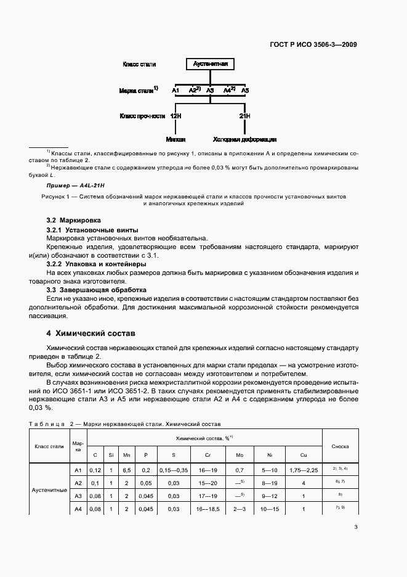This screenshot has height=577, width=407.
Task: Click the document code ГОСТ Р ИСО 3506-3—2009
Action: (x=313, y=44)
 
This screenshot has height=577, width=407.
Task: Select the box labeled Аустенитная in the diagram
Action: (x=211, y=64)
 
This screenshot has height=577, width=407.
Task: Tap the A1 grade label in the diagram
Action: (x=175, y=91)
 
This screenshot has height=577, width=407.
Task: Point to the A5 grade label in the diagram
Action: (x=245, y=91)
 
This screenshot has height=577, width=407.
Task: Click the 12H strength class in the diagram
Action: (x=175, y=116)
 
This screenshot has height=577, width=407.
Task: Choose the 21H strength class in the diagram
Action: (x=244, y=116)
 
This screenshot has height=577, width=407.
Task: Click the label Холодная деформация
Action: (x=244, y=140)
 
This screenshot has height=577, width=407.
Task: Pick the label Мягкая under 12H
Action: (x=175, y=140)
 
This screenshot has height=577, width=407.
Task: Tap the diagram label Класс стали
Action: (x=139, y=64)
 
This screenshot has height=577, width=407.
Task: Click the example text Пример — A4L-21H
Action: (x=76, y=185)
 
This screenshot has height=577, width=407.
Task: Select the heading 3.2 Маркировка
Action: (x=74, y=220)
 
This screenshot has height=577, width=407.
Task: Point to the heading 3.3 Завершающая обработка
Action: (x=96, y=289)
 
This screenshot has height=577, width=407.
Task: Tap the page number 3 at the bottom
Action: (x=356, y=527)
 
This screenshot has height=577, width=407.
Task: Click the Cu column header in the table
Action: (x=304, y=455)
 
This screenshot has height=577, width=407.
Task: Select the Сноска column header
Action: (x=341, y=446)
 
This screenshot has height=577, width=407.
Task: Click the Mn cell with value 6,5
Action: (x=126, y=470)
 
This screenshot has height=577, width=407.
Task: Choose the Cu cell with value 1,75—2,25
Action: (x=304, y=470)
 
